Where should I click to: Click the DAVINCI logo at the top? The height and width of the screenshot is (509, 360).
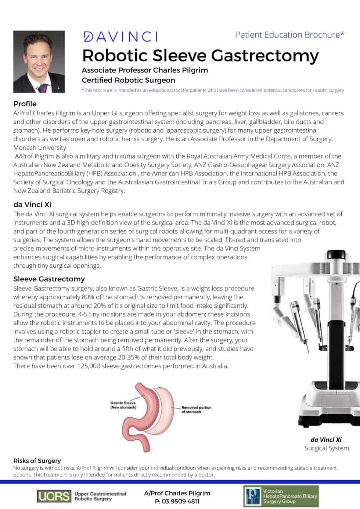[x=121, y=36]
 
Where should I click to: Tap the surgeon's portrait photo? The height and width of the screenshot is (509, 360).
[x=39, y=61]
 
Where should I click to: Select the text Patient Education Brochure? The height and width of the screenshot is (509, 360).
[x=288, y=35]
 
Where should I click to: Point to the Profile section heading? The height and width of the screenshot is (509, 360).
[x=25, y=104]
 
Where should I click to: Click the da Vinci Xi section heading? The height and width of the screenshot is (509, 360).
[x=32, y=205]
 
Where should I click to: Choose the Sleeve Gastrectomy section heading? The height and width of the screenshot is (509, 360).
[x=49, y=279]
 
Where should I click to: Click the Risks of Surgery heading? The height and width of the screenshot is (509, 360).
[x=37, y=461]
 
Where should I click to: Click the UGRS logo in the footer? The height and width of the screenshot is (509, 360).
[x=54, y=496]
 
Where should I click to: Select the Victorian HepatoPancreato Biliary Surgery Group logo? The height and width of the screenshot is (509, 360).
[x=281, y=496]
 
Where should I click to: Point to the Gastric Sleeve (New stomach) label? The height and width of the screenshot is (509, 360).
[x=123, y=405]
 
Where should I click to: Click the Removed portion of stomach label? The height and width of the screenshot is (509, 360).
[x=196, y=409]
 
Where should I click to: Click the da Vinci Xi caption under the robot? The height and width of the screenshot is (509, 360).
[x=326, y=440]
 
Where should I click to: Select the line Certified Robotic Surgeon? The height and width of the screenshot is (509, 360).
[x=128, y=80]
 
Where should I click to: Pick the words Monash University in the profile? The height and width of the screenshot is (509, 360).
[x=40, y=148]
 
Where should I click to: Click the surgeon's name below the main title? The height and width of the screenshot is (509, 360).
[x=145, y=70]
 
